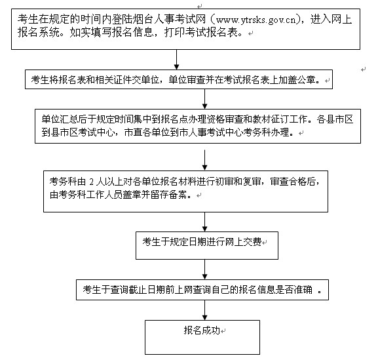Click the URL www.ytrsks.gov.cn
coord(255,20)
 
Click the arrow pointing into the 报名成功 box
coord(204,310)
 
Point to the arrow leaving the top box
coord(176,60)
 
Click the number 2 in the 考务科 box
coord(91,182)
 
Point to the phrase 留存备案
coord(168,195)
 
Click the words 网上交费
coord(244,241)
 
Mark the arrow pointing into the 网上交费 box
coord(204,222)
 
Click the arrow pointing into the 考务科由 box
coord(204,160)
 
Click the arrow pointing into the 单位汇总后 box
coord(204,99)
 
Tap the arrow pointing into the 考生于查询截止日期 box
coord(204,270)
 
